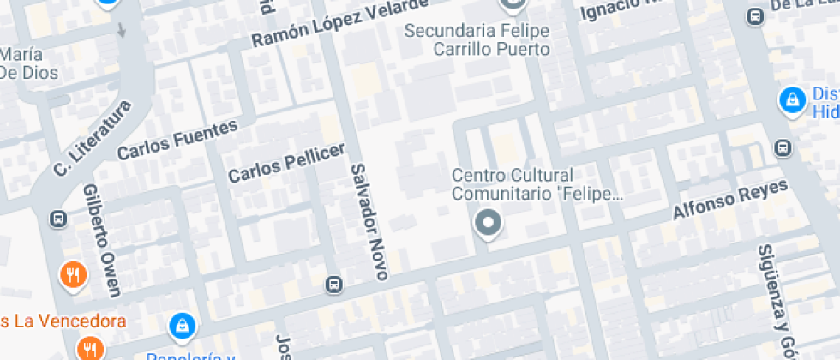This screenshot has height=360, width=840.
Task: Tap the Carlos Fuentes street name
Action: (x=177, y=141)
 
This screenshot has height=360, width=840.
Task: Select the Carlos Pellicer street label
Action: (x=286, y=161)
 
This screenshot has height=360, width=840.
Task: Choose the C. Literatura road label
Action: (x=93, y=138)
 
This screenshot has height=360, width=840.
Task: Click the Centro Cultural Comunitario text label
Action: (x=537, y=184)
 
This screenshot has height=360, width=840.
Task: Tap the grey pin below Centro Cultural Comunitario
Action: (x=489, y=224)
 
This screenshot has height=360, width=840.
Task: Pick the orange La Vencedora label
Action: (x=63, y=322)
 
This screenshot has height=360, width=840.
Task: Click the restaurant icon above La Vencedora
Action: (x=73, y=274)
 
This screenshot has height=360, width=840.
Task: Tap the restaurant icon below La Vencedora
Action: (x=89, y=347)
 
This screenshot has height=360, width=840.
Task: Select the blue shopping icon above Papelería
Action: (x=182, y=324)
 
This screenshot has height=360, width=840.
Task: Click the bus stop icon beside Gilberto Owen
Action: (x=58, y=218)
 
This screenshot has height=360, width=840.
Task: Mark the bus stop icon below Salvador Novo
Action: (x=333, y=284)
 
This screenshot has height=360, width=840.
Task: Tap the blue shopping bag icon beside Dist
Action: (x=791, y=99)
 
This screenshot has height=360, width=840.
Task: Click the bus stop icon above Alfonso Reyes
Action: (x=782, y=148)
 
